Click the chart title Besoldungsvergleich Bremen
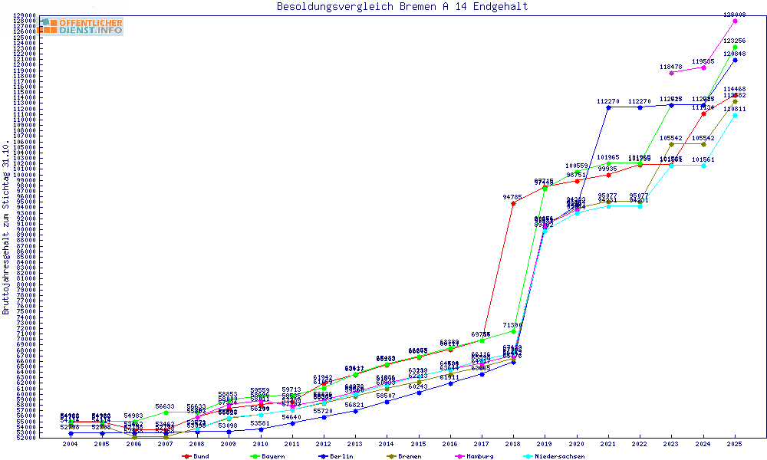coord(402,7)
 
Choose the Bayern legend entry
coord(266,456)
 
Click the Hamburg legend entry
coord(476,456)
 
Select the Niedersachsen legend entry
coord(554,456)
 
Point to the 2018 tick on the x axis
coord(513,443)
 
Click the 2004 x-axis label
coord(71,443)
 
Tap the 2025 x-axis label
coord(735,443)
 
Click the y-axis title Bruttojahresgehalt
coord(6,227)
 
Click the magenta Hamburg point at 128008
coord(735,21)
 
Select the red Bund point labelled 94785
coord(513,202)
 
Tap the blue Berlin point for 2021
coord(608,107)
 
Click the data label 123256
coord(735,41)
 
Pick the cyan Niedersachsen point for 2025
coord(735,115)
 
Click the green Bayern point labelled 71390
coord(513,331)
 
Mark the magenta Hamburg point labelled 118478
coord(671,73)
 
